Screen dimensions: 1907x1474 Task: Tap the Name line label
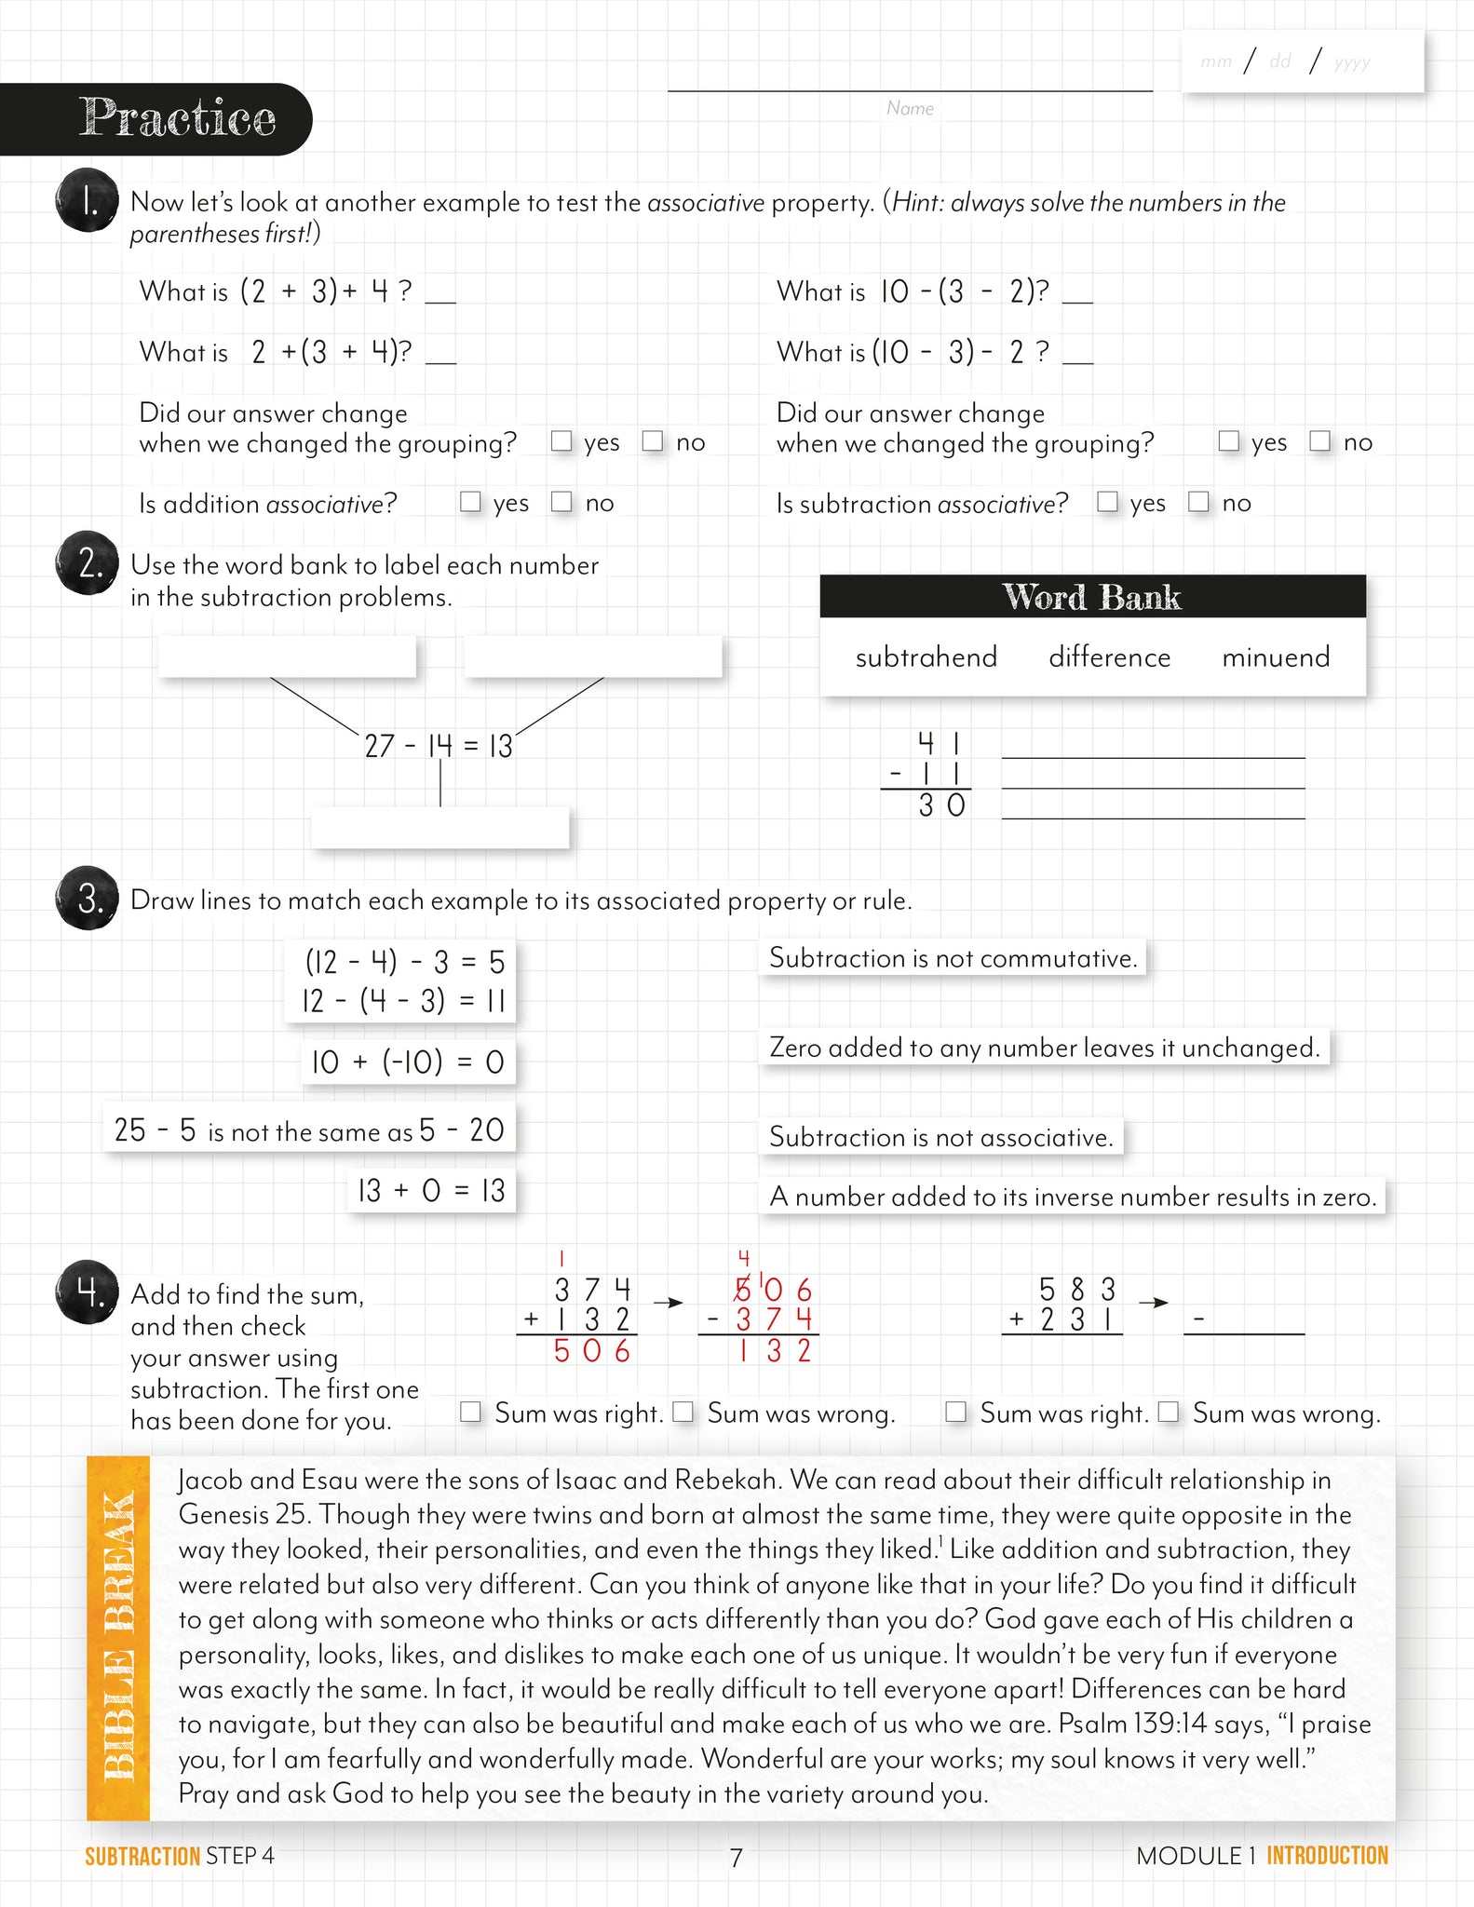pyautogui.click(x=910, y=108)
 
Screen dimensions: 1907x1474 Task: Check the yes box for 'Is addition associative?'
pyautogui.click(x=470, y=502)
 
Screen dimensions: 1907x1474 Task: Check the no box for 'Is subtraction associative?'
pyautogui.click(x=1198, y=502)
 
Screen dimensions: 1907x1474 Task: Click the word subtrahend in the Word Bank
pyautogui.click(x=926, y=657)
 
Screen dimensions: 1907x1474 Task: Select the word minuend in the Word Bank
pyautogui.click(x=1275, y=657)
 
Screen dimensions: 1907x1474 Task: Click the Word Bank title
pyautogui.click(x=1091, y=597)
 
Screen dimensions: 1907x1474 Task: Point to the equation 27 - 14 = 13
pyautogui.click(x=438, y=746)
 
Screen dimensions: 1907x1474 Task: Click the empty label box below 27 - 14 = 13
pyautogui.click(x=439, y=828)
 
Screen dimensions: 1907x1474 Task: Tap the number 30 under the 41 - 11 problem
pyautogui.click(x=941, y=805)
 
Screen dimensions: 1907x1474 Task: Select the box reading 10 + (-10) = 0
pyautogui.click(x=407, y=1062)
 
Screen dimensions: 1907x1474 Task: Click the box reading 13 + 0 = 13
pyautogui.click(x=430, y=1190)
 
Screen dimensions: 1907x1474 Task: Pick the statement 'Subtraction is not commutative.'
pyautogui.click(x=953, y=958)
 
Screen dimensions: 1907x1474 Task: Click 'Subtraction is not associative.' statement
pyautogui.click(x=940, y=1137)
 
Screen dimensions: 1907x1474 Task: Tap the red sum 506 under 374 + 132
pyautogui.click(x=591, y=1351)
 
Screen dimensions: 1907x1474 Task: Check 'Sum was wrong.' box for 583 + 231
pyautogui.click(x=1169, y=1412)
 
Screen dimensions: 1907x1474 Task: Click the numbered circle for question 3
pyautogui.click(x=88, y=899)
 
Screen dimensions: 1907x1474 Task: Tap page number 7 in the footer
pyautogui.click(x=736, y=1858)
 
